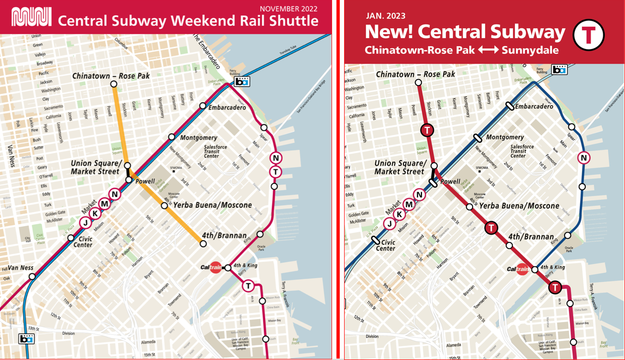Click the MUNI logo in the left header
32,18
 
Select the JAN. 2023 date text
385,16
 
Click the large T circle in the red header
589,35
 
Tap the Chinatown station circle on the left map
114,84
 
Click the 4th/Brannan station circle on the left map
204,243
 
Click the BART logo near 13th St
26,338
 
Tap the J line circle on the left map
85,222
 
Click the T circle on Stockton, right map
427,130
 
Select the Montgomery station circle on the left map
171,137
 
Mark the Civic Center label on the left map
83,241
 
